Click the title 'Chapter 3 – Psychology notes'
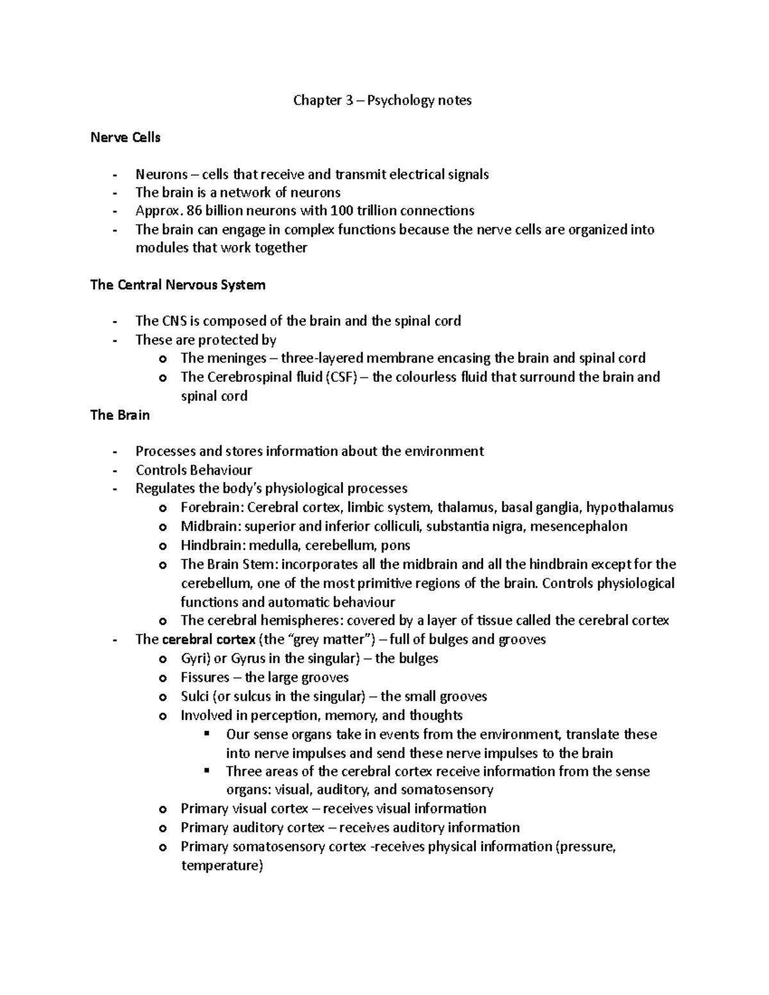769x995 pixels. coord(382,100)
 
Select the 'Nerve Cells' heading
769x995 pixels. coord(125,137)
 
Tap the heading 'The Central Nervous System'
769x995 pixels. coord(178,284)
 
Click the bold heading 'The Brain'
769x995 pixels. coord(120,415)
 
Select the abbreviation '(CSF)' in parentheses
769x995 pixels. coord(341,377)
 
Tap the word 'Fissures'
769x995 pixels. coord(205,677)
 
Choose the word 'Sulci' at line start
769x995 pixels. coord(195,696)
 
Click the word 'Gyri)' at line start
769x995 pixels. coord(195,658)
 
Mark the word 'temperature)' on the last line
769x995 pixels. coord(222,866)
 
